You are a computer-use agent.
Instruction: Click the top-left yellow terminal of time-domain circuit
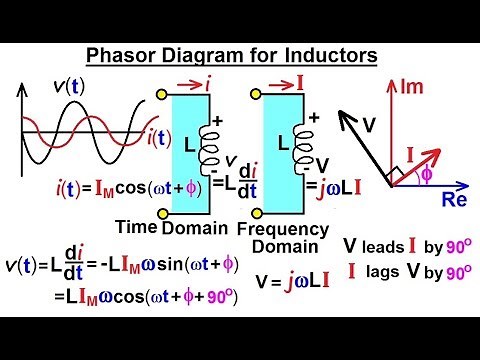click(163, 94)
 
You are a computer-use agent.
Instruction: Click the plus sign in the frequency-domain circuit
click(313, 116)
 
